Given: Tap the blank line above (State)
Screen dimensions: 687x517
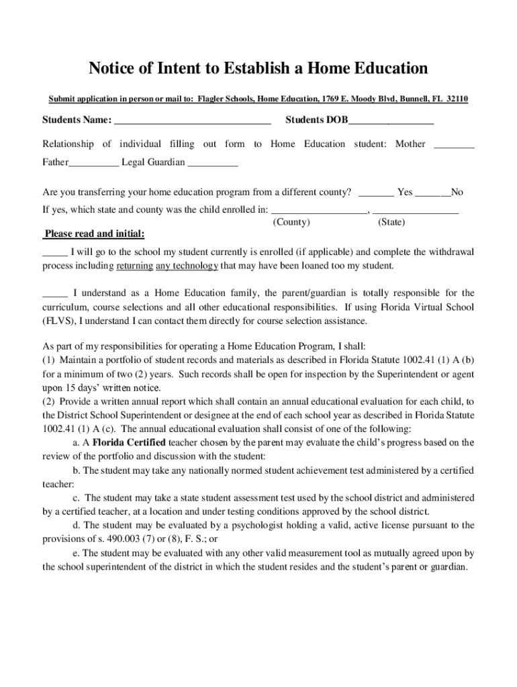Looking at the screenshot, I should [415, 211].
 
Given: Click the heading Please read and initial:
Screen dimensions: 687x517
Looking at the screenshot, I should [93, 235].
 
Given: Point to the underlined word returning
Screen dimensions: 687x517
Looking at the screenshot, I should [134, 266].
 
